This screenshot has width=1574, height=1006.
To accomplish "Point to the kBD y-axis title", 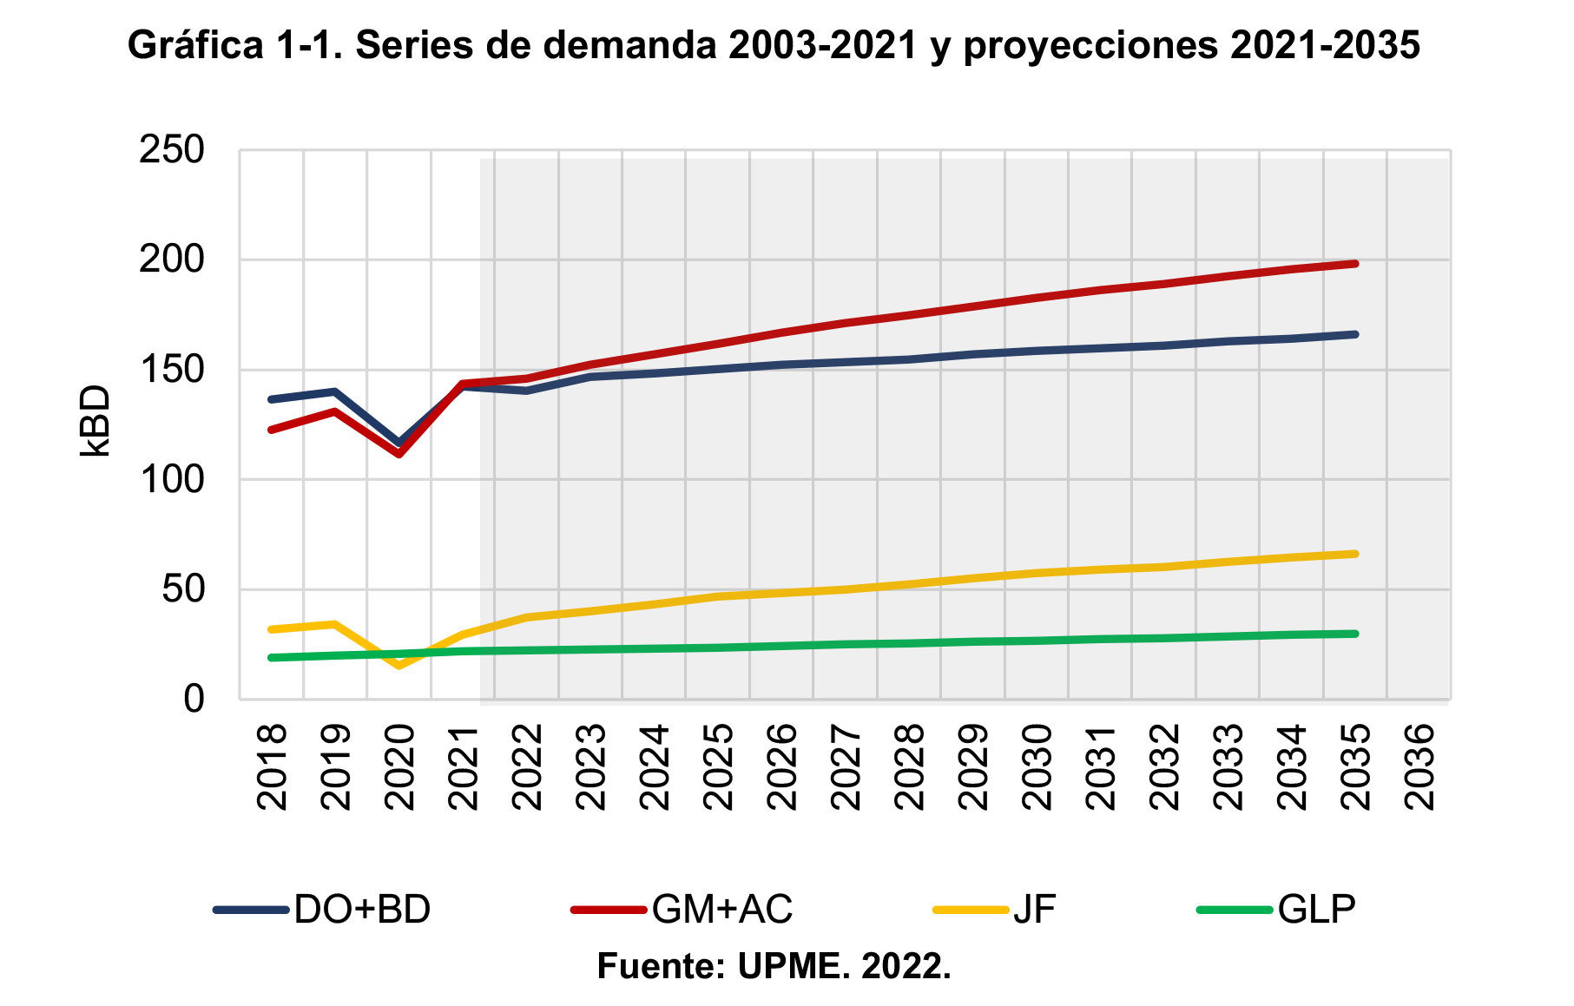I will pos(95,421).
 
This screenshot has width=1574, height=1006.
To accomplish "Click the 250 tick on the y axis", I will pos(172,150).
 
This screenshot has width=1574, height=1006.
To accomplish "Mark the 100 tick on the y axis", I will pos(172,479).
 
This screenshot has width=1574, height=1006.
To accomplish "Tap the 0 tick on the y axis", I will pos(194,699).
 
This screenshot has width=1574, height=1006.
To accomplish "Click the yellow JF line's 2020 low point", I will pos(398,666).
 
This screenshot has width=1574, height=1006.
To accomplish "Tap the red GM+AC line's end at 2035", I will pos(1355,263).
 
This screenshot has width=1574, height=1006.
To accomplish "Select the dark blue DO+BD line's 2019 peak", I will pos(335,391).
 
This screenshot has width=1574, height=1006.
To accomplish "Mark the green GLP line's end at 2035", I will pos(1355,634).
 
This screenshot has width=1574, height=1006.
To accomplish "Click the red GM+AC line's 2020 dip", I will pos(398,454).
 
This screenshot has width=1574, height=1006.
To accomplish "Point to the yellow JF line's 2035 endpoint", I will pos(1355,554).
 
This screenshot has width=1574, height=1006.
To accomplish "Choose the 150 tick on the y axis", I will pos(172,370).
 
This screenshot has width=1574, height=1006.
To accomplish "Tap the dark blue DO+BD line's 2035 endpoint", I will pos(1355,334).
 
